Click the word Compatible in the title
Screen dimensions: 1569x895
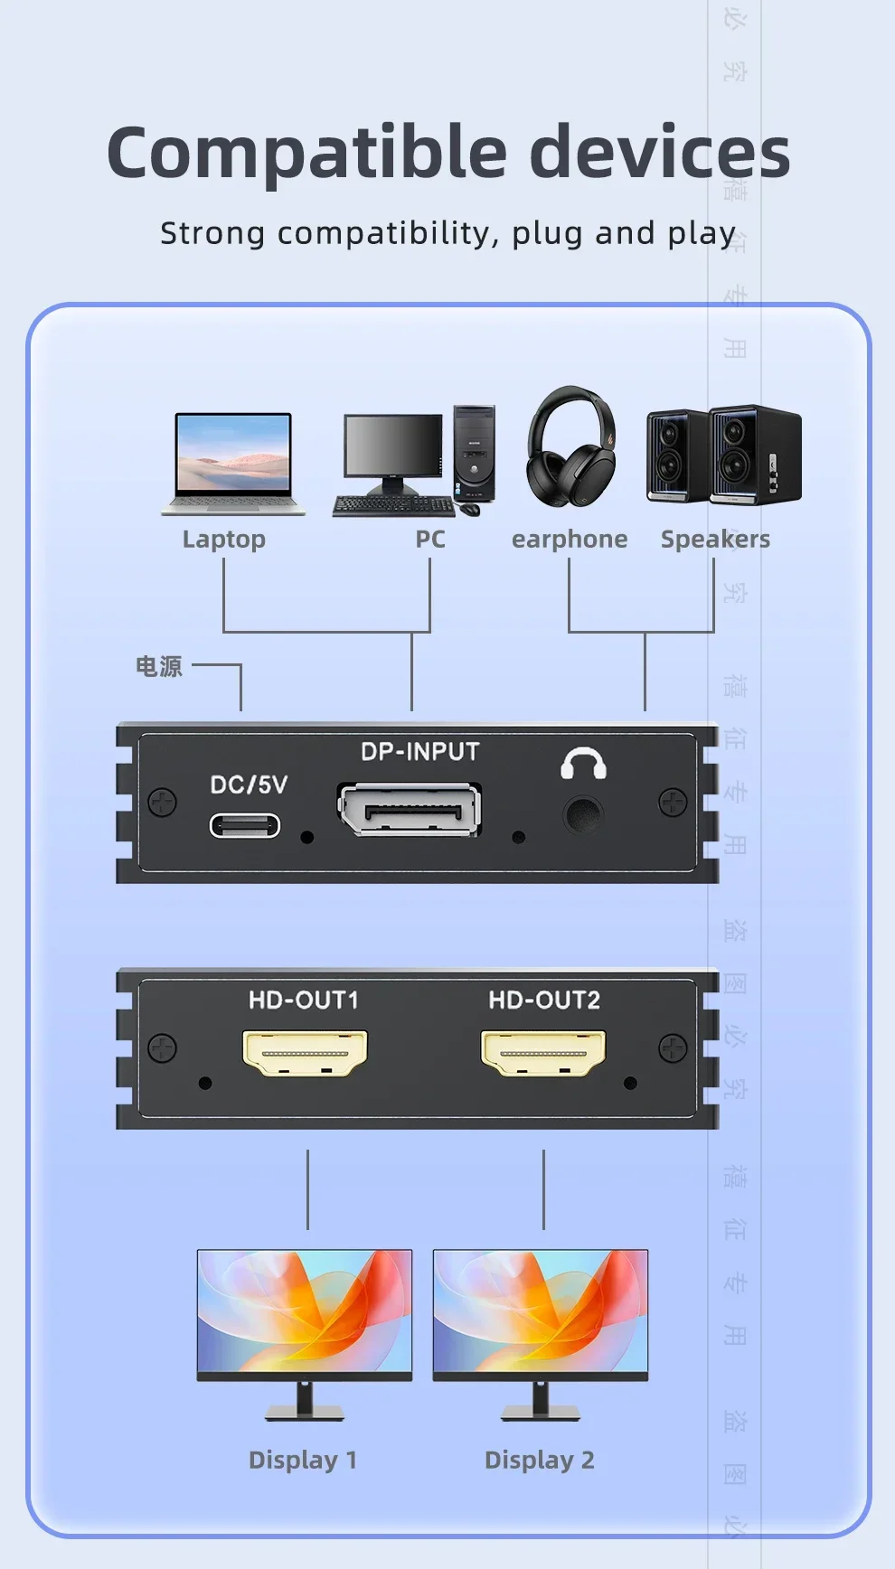tap(306, 153)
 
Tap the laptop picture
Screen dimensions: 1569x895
tap(233, 464)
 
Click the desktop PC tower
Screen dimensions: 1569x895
tap(475, 454)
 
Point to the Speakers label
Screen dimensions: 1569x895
tap(715, 540)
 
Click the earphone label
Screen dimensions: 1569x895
tap(570, 540)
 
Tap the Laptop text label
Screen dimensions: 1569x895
tap(224, 540)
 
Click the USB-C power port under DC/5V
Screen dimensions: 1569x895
tap(245, 825)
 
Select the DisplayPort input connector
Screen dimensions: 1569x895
tap(410, 809)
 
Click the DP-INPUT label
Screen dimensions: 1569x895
tap(419, 752)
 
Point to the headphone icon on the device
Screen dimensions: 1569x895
tap(583, 764)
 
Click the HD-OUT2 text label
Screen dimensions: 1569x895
tap(544, 1000)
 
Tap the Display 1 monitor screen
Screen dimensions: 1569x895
tap(305, 1311)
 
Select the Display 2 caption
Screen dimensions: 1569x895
tap(540, 1460)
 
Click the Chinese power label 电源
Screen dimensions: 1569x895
tap(159, 667)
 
